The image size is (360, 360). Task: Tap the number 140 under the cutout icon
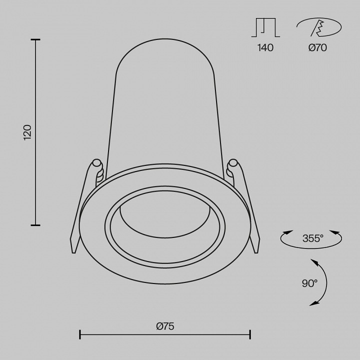pos(266,48)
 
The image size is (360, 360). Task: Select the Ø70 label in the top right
pos(317,48)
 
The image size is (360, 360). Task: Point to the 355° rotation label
pos(313,238)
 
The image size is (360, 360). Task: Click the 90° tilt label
pos(309,283)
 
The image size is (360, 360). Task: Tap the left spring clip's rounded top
pos(96,163)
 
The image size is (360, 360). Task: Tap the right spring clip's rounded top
pos(233,163)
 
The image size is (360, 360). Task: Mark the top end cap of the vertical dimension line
pos(35,39)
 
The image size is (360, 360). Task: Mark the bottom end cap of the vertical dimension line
pos(35,225)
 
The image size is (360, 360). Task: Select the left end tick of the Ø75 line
pos(80,333)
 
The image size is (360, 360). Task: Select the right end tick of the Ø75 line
pos(250,333)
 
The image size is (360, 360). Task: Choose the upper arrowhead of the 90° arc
pos(313,261)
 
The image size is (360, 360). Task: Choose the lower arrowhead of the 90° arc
pos(312,303)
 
